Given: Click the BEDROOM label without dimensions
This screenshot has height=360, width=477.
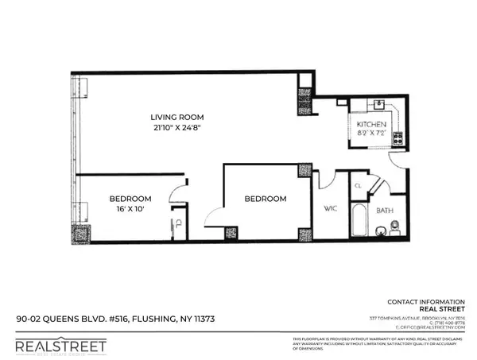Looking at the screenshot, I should [x=265, y=199].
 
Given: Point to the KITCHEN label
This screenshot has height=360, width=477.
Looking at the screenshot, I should [x=371, y=126].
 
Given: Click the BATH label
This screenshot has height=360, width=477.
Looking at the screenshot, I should [x=385, y=211].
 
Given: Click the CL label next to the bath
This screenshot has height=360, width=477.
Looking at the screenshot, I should [x=359, y=186].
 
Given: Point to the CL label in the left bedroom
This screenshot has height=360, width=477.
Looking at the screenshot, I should [x=178, y=223].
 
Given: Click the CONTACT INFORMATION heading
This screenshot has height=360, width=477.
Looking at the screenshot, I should [x=425, y=302].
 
